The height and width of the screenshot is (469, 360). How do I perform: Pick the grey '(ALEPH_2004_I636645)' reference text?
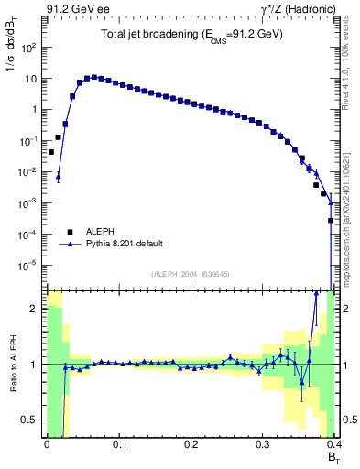point(191,274)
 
